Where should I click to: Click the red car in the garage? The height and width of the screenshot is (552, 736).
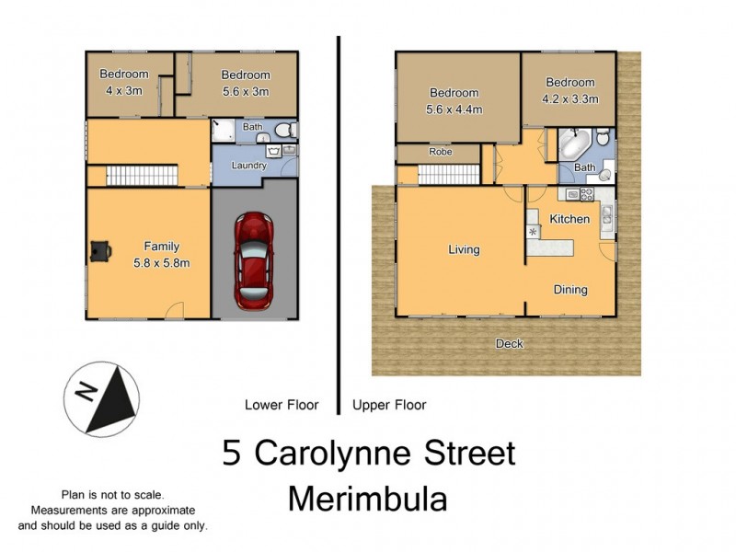(x=254, y=260)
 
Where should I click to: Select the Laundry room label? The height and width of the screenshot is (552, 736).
(x=249, y=166)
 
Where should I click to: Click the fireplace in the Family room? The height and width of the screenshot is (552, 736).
(x=99, y=249)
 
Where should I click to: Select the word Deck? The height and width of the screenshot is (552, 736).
(x=509, y=344)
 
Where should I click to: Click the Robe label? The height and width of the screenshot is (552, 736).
(x=439, y=152)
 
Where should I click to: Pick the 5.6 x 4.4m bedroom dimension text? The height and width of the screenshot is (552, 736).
(x=454, y=109)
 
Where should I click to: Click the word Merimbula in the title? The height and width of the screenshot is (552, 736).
(x=368, y=500)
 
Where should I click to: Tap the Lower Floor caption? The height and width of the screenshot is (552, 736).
(x=282, y=405)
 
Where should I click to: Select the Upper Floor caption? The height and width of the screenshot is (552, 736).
(x=389, y=405)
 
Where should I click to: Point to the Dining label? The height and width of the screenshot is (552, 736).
(x=570, y=290)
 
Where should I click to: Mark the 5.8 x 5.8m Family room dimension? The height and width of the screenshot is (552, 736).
(x=161, y=262)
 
